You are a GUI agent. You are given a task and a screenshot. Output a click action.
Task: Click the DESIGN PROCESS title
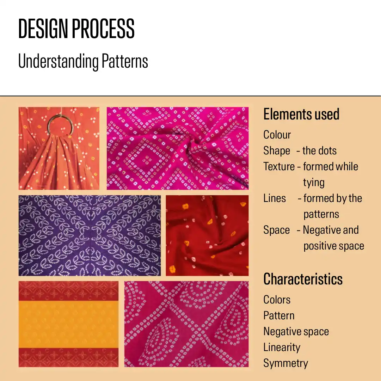click(x=76, y=29)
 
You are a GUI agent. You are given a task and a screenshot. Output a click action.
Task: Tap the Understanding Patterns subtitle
click(x=83, y=61)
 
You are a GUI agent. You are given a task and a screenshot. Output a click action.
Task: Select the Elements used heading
click(x=301, y=114)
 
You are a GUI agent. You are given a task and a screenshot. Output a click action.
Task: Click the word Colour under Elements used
click(x=277, y=135)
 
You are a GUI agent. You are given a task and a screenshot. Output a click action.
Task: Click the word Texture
click(x=279, y=167)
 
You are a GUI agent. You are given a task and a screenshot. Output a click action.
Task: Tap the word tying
click(x=314, y=183)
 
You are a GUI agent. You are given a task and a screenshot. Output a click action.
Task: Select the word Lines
click(x=275, y=198)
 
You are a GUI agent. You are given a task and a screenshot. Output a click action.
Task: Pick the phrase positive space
click(x=334, y=246)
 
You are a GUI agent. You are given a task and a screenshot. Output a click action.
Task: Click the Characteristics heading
click(x=303, y=279)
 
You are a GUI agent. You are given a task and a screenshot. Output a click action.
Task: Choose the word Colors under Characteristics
click(x=277, y=300)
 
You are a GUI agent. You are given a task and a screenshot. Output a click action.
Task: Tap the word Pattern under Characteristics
click(x=279, y=316)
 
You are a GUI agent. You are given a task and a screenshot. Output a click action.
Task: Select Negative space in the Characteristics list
click(x=296, y=332)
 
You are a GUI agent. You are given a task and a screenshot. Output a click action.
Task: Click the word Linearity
click(x=282, y=348)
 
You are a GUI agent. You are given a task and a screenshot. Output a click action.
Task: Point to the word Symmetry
click(x=286, y=363)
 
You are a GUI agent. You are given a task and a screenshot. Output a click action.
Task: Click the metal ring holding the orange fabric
click(x=50, y=121)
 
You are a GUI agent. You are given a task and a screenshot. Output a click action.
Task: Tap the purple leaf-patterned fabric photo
click(x=90, y=235)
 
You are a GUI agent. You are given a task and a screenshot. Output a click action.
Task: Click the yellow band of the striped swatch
click(x=68, y=324)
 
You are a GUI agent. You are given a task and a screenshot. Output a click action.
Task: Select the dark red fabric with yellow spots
click(x=207, y=235)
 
